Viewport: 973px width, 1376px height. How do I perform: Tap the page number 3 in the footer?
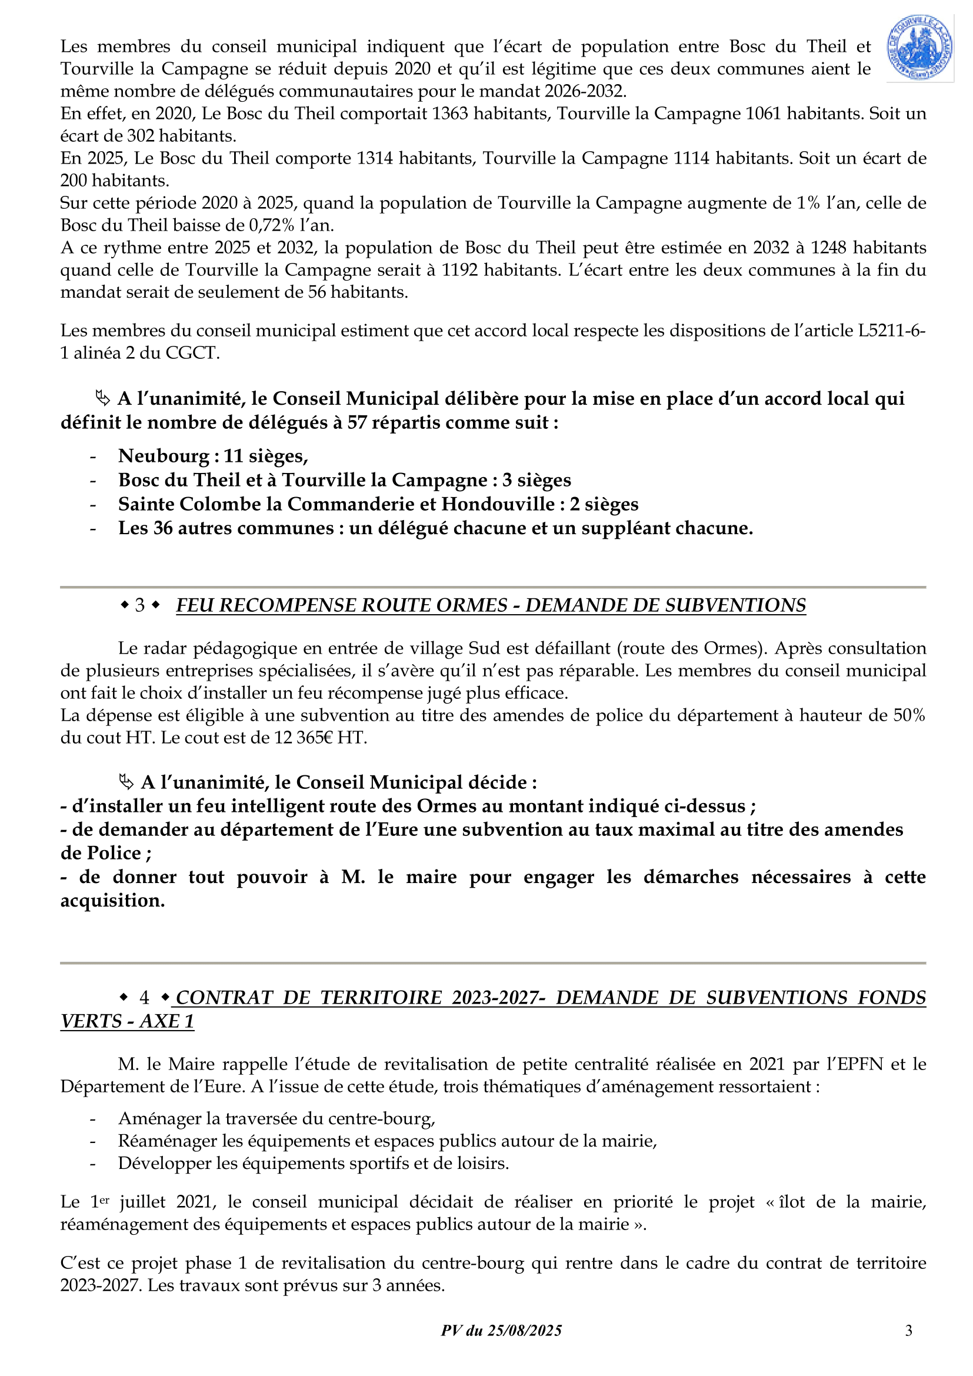pyautogui.click(x=908, y=1331)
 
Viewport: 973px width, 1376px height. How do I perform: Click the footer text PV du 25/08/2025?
pyautogui.click(x=501, y=1331)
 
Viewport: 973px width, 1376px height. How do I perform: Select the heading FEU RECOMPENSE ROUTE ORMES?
pyautogui.click(x=342, y=605)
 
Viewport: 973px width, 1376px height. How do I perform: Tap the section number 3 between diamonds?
pyautogui.click(x=139, y=605)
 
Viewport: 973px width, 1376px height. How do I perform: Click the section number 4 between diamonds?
pyautogui.click(x=144, y=998)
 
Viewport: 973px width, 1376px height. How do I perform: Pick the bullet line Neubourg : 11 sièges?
pyautogui.click(x=213, y=456)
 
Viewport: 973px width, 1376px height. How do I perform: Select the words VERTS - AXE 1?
pyautogui.click(x=127, y=1021)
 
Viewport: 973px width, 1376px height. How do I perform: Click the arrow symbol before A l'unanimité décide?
pyautogui.click(x=126, y=782)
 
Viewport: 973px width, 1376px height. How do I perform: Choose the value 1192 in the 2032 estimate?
pyautogui.click(x=459, y=269)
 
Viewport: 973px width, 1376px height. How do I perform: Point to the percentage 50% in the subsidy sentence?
pyautogui.click(x=908, y=715)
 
